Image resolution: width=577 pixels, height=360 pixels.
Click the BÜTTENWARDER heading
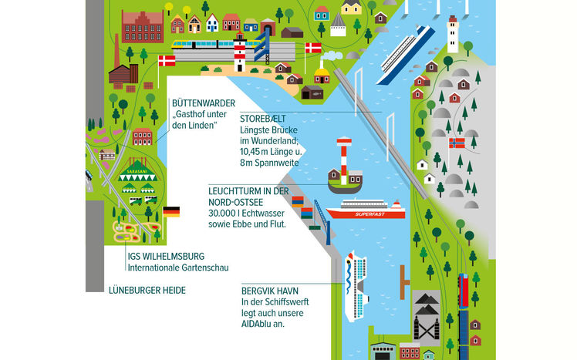[x=204, y=103]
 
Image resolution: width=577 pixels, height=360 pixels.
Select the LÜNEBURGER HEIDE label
[x=147, y=291]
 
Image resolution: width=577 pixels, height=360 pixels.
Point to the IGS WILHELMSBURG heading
[x=167, y=257]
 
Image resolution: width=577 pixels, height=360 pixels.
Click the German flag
[x=170, y=210]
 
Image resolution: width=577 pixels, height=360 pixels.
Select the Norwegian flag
[x=457, y=143]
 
